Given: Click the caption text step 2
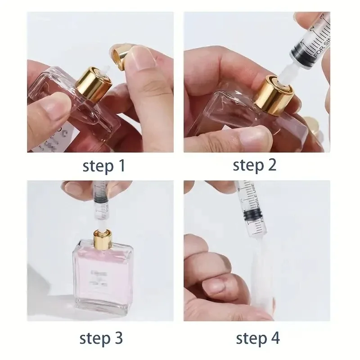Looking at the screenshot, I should pyautogui.click(x=255, y=166).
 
